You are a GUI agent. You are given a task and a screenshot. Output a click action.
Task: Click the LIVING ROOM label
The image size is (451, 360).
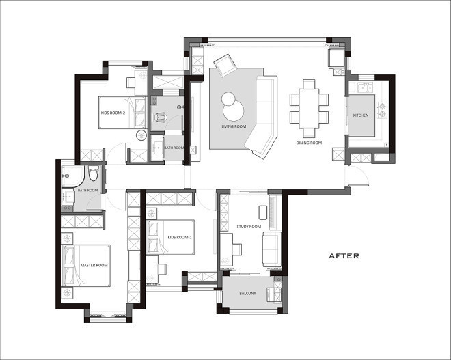tap(234, 126)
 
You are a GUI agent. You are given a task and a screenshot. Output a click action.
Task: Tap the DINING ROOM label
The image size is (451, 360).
tap(309, 143)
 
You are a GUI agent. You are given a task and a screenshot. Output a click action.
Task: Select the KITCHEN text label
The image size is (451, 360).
tap(361, 115)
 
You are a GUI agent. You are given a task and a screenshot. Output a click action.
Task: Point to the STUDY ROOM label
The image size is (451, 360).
tap(249, 227)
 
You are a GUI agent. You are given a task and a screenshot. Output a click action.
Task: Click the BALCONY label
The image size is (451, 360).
tap(247, 293)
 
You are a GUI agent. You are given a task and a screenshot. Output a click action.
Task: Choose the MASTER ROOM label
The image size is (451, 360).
tap(94, 265)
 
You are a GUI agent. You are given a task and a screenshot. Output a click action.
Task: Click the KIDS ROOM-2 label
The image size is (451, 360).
tap(113, 113)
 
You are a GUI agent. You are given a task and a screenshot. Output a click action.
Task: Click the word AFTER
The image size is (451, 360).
tap(344, 256)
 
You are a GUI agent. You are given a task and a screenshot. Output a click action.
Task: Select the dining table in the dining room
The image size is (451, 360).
tap(309, 109)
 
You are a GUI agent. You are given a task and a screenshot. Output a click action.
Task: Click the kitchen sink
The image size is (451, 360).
tap(365, 87)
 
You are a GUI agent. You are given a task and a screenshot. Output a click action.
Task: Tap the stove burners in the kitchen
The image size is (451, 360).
tap(383, 111)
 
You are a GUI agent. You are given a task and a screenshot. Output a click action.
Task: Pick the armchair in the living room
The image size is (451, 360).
tap(225, 66)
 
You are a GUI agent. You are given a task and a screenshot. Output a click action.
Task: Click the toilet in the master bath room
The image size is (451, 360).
tap(94, 174)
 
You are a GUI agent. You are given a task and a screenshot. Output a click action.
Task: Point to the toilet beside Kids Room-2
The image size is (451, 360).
tap(161, 117)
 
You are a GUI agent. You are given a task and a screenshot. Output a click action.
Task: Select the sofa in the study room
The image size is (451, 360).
tap(272, 249)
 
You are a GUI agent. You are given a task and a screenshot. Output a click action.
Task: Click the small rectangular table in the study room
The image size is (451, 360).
tap(263, 212)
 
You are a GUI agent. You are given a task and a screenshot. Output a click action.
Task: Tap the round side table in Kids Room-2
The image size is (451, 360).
tap(141, 135)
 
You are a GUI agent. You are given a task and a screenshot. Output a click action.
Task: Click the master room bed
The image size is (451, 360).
tap(86, 266)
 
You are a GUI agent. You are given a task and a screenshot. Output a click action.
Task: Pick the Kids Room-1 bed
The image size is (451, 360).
tap(170, 237)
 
